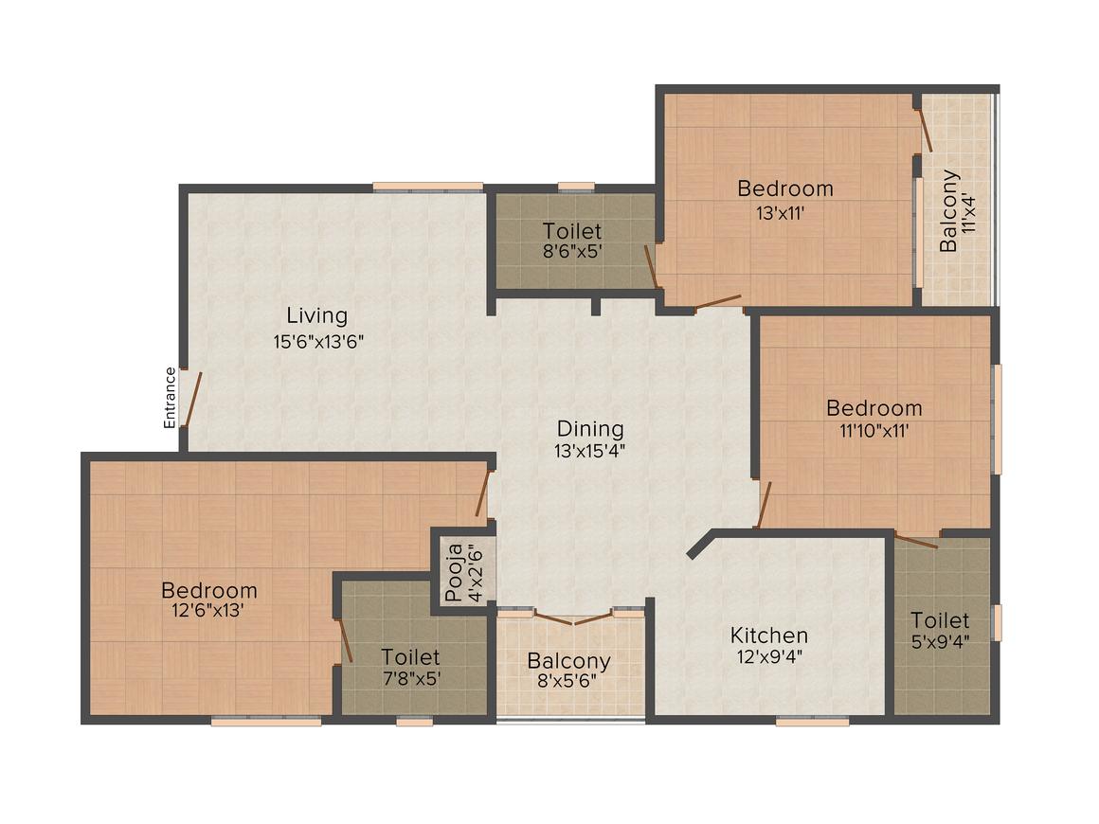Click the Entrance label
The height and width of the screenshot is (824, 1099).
click(170, 397)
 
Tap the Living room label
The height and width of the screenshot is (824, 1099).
click(316, 316)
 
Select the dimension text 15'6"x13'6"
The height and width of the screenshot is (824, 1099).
click(318, 342)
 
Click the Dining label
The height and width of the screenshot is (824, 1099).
click(590, 429)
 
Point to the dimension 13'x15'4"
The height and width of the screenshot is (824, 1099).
click(589, 451)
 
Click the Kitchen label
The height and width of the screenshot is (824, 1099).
click(769, 636)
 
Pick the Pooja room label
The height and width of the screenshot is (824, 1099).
click(454, 572)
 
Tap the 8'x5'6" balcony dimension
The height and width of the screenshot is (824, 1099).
click(568, 680)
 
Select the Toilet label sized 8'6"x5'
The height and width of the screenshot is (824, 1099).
click(572, 230)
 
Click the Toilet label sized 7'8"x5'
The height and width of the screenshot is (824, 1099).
click(410, 656)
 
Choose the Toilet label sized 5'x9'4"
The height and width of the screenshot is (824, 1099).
click(940, 620)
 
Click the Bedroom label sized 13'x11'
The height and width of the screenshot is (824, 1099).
click(785, 188)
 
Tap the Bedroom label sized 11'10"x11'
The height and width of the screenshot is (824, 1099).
click(874, 408)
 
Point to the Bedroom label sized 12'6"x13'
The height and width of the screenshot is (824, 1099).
click(208, 590)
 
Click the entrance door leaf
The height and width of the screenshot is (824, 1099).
click(192, 398)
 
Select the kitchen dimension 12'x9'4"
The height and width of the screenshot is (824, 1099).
click(769, 656)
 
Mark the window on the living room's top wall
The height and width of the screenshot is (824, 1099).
click(427, 187)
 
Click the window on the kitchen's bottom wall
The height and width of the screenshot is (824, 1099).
click(812, 721)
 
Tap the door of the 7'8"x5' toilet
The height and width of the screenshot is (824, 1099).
click(345, 639)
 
